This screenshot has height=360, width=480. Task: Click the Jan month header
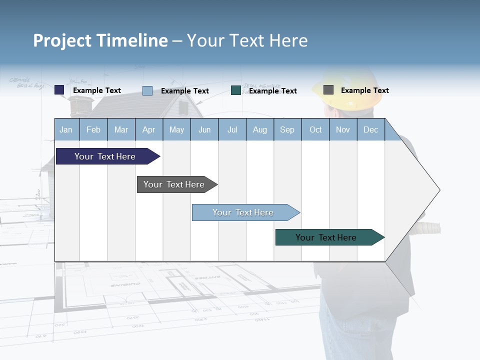click(x=66, y=129)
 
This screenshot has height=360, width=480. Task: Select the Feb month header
click(x=93, y=129)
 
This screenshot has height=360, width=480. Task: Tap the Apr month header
click(x=149, y=129)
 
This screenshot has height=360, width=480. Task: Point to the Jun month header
click(x=204, y=129)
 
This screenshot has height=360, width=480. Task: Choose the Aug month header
click(x=260, y=129)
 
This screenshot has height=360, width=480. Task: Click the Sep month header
click(x=287, y=129)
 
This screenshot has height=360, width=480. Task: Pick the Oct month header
click(x=315, y=129)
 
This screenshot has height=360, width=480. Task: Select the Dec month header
click(x=371, y=129)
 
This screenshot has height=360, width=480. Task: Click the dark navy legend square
click(x=59, y=90)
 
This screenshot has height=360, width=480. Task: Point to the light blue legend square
click(x=147, y=90)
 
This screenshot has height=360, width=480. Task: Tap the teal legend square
click(x=236, y=90)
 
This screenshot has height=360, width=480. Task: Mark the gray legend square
click(x=328, y=90)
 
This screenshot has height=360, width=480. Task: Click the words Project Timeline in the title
click(x=100, y=40)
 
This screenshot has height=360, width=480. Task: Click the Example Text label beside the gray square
click(x=364, y=90)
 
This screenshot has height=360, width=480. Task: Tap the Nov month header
click(x=343, y=129)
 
